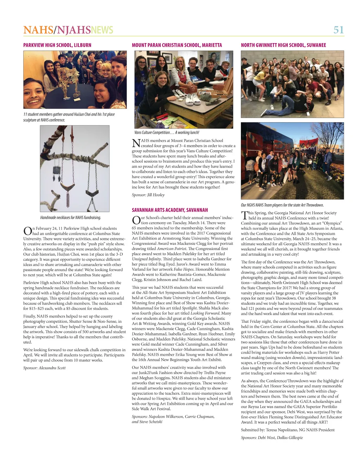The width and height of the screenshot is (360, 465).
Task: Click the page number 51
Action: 338,30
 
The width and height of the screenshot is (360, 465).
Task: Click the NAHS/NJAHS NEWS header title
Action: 68,30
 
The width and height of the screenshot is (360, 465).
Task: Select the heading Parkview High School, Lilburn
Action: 57,45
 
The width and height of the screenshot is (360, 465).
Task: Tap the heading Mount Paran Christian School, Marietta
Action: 177,45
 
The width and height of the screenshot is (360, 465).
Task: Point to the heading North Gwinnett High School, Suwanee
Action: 283,45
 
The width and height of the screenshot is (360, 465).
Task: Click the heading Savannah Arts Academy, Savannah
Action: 170,210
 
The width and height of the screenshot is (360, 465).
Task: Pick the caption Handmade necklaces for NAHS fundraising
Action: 71,218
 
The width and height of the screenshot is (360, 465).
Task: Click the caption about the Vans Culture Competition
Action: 167,132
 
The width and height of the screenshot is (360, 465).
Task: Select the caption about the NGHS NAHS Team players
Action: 282,205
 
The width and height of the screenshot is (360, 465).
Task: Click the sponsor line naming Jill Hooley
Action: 148,195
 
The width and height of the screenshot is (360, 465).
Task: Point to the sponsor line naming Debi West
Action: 272,438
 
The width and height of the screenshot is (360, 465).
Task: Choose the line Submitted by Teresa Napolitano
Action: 288,430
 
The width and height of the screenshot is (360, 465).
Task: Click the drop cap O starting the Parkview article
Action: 27,231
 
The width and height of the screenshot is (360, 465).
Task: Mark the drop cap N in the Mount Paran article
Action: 136,143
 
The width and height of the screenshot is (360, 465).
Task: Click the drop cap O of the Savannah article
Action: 136,220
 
